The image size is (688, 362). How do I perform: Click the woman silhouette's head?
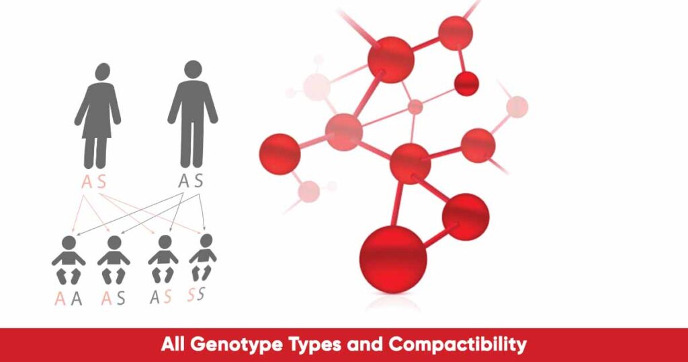[102, 73]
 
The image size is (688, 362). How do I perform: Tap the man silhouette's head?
[193, 69]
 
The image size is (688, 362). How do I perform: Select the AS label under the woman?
[94, 182]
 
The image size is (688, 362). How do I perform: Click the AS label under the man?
[191, 181]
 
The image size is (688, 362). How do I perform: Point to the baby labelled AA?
[69, 259]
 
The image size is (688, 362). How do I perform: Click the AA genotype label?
[69, 299]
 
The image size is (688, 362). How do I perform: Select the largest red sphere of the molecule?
[393, 260]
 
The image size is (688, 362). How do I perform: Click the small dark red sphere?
[466, 83]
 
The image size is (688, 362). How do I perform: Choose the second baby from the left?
[114, 260]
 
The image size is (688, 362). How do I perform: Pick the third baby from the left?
[163, 258]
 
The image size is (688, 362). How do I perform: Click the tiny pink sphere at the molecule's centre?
[416, 106]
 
